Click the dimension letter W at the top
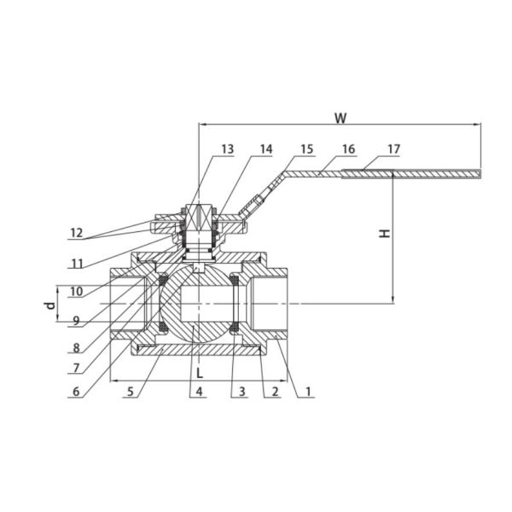pos(340,118)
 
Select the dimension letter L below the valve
pos(200,373)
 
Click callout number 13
pos(228,149)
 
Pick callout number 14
pos(265,149)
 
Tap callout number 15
pos(307,149)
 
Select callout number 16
pos(348,149)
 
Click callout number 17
pos(393,149)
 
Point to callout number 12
pos(77,233)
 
